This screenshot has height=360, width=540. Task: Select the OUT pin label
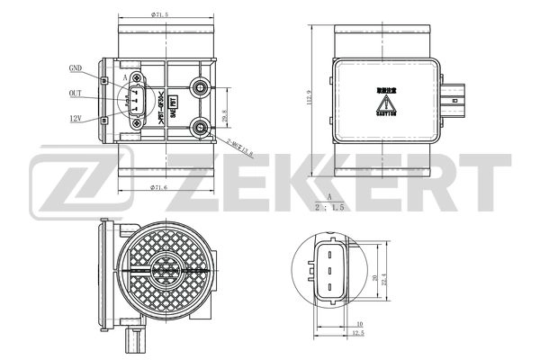tap(76, 93)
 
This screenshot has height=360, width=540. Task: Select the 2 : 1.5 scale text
tap(330, 206)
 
